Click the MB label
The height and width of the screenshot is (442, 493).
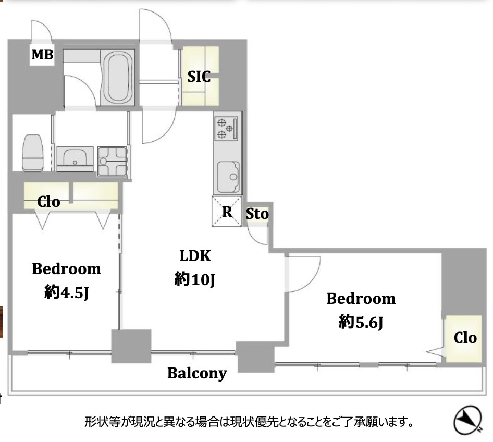point(42,55)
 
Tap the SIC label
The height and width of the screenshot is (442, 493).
point(199,77)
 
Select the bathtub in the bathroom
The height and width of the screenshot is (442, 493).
point(119,78)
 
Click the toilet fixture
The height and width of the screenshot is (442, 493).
point(33,152)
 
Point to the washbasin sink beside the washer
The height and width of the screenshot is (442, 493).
point(75,158)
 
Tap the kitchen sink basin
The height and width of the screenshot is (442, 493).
point(227,176)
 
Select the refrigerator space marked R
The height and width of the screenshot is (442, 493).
point(227,212)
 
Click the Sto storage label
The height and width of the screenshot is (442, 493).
point(257,214)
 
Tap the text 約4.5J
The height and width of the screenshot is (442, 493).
point(66,293)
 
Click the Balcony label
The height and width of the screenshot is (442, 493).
point(197,373)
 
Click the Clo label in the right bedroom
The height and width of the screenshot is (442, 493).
point(465,338)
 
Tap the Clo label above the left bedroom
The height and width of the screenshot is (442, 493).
point(48,202)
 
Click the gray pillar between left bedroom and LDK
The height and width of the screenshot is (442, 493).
point(131,346)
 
